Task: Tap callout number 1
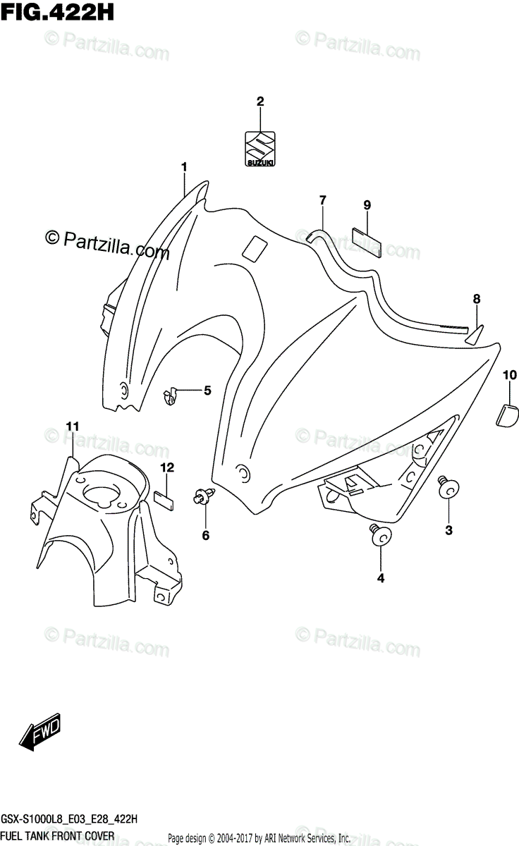[x=184, y=167]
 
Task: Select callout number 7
[x=322, y=200]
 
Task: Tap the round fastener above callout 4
[x=381, y=537]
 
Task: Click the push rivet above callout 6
[x=202, y=497]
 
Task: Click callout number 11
[x=73, y=426]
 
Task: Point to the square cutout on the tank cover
[x=255, y=249]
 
